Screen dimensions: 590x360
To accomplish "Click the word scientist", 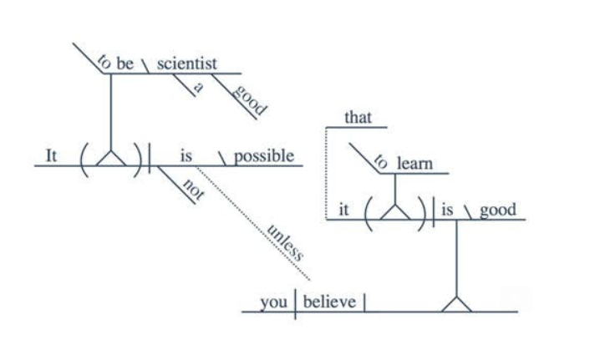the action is click(186, 64).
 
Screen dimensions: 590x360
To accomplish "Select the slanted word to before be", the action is click(104, 60).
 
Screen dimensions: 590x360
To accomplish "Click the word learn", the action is click(415, 164).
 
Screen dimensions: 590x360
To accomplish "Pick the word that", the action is click(358, 118).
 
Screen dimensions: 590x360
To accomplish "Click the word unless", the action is click(285, 241).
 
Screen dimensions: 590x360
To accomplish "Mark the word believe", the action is click(328, 302).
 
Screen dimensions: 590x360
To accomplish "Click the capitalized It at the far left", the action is click(51, 156).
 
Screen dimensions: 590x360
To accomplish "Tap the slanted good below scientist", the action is click(248, 100).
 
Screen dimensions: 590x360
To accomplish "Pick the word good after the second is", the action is click(497, 210).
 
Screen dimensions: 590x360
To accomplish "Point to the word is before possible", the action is click(186, 156).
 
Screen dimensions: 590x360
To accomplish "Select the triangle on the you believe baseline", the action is click(457, 303).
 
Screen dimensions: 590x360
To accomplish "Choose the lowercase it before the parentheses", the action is click(343, 210).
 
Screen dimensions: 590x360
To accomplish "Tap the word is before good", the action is click(447, 210).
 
